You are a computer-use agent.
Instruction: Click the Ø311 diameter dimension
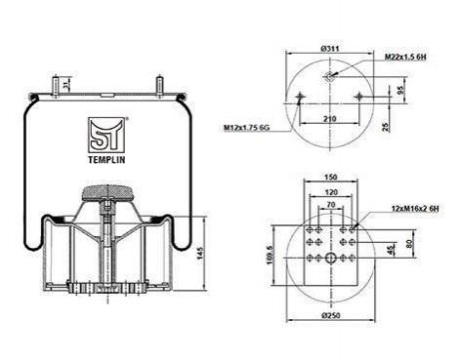click(x=330, y=49)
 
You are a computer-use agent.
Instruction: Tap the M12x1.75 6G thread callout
click(x=246, y=128)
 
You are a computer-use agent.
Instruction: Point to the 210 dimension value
click(x=330, y=119)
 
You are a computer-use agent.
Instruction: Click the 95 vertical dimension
click(x=401, y=90)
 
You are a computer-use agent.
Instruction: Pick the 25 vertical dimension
click(x=386, y=127)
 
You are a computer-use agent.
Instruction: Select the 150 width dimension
click(x=331, y=178)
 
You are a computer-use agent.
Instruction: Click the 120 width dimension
click(x=331, y=192)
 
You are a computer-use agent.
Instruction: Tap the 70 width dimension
click(x=331, y=205)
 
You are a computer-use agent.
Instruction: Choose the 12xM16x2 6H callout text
click(x=415, y=208)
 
